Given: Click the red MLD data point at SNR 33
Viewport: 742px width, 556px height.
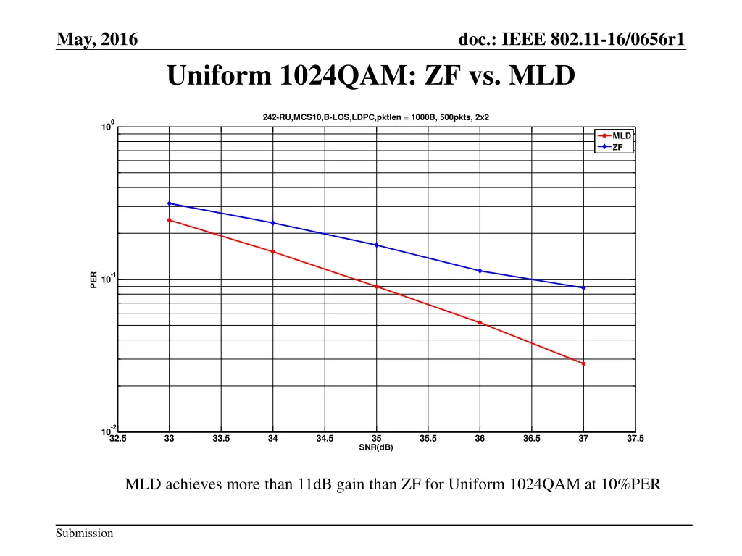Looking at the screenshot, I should click(x=169, y=220).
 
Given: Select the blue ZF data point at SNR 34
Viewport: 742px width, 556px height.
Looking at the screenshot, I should click(x=272, y=223).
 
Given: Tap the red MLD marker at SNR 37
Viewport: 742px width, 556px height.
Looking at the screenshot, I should click(x=583, y=363).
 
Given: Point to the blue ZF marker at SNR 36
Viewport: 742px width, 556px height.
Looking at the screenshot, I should click(x=480, y=271).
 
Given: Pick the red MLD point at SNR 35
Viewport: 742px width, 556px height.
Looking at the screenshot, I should click(x=376, y=287).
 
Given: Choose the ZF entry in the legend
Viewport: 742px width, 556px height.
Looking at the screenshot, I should click(x=617, y=147).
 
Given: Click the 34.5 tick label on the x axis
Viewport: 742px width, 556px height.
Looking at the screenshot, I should click(x=325, y=439).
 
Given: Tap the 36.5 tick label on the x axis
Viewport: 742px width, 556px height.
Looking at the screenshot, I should click(x=532, y=439).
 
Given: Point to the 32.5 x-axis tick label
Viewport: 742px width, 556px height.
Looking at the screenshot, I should click(x=117, y=439).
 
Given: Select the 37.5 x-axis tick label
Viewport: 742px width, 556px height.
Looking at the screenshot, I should click(x=635, y=439).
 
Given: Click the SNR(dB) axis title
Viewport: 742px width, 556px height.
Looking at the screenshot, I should click(x=376, y=447).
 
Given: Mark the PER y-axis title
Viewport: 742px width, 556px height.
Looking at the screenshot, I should click(x=94, y=279).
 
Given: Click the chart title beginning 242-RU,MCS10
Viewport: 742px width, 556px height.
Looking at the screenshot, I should click(x=375, y=117).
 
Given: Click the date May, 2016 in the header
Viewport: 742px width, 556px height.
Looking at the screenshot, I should click(x=97, y=40).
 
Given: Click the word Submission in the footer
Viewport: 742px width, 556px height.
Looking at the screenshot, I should click(x=86, y=534).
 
